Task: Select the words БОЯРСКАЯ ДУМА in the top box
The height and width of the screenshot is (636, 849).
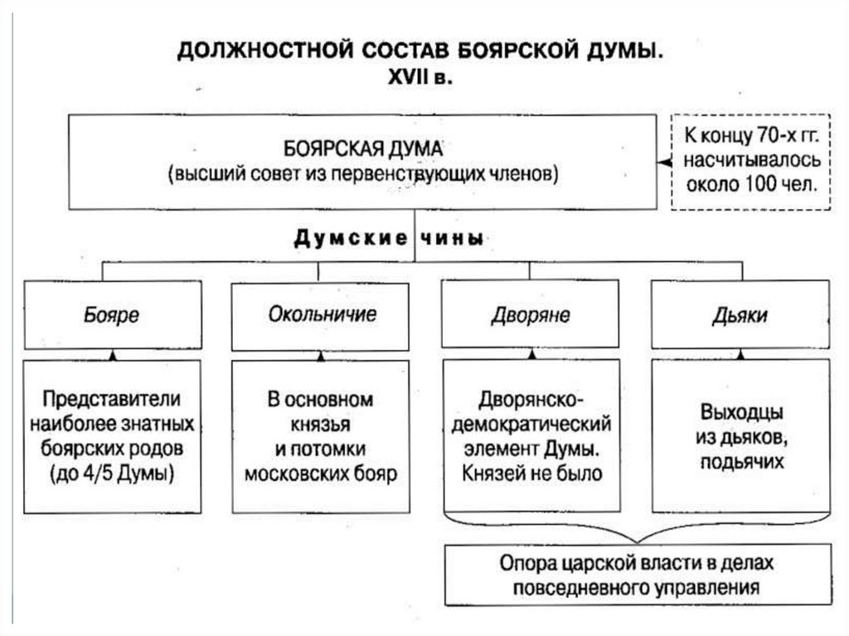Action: [359, 149]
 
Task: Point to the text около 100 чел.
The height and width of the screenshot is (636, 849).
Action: [751, 184]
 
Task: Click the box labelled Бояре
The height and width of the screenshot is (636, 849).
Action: [112, 315]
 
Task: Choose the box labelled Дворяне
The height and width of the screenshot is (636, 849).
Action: [531, 315]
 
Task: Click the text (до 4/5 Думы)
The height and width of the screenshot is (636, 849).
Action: [112, 474]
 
